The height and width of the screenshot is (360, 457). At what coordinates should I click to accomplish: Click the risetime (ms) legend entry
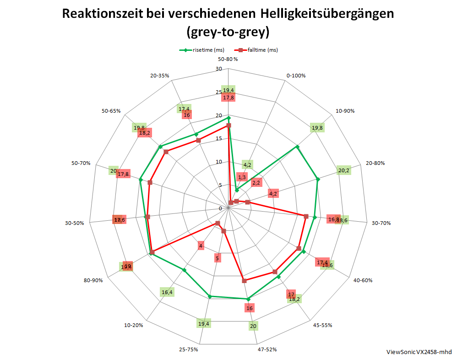[x=201, y=50]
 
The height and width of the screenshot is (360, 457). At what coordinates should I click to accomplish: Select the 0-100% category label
[x=295, y=76]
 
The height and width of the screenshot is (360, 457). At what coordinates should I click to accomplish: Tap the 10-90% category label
[x=345, y=111]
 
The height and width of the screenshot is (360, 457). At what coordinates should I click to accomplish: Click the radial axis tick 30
[x=218, y=69]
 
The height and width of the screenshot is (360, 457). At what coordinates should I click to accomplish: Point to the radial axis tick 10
[x=218, y=162]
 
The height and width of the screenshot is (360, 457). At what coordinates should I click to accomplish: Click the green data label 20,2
[x=343, y=171]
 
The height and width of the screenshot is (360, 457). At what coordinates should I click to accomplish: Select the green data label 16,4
[x=167, y=292]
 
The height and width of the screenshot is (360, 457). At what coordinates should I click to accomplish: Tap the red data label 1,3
[x=242, y=177]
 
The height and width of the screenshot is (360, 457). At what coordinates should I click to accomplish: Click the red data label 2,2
[x=256, y=183]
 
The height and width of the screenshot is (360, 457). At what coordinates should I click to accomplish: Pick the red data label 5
[x=218, y=258]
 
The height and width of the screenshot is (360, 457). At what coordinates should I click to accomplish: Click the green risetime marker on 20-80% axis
[x=318, y=179]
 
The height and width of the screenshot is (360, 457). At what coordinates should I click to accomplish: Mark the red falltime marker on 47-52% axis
[x=244, y=280]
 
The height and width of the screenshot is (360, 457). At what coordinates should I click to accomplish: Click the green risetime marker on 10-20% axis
[x=185, y=270]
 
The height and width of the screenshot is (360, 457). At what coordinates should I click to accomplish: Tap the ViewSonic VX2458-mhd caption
[x=419, y=352]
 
